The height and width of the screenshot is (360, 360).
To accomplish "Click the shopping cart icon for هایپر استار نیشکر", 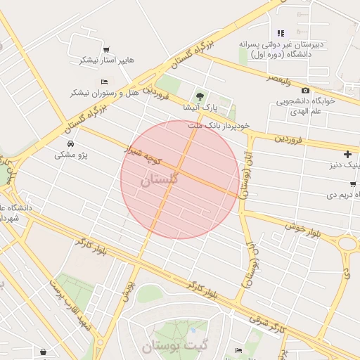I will point(106,49).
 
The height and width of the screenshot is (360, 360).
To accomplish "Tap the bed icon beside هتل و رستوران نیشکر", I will point(105,82).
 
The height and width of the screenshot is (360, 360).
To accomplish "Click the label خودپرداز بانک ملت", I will point(219,124).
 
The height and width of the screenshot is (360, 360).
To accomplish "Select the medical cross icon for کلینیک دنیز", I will point(347,154).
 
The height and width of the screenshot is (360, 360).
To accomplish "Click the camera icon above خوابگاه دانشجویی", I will point(305,90).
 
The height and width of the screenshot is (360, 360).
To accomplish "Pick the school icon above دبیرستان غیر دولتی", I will point(281,33).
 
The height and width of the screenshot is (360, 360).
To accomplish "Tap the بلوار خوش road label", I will point(302,229).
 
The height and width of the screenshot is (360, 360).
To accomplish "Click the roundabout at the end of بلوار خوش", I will point(348,245).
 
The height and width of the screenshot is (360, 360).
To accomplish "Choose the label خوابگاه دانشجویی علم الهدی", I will point(305,105).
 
